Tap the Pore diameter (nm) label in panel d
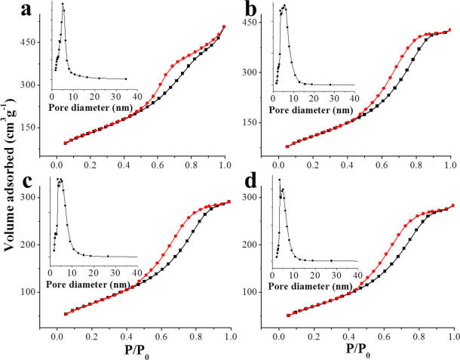[314, 287]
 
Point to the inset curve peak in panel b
[284, 6]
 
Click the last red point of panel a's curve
[224, 27]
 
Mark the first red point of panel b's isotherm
[287, 146]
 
